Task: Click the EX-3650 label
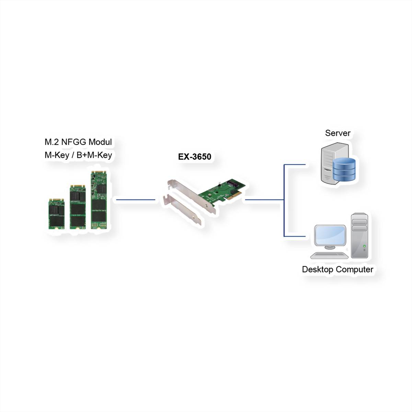point(194,157)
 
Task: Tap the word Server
point(337,133)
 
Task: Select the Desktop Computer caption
point(337,269)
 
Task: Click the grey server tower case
point(328,161)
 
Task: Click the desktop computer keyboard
point(329,255)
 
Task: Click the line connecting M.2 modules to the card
point(136,199)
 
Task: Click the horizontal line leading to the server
point(295,164)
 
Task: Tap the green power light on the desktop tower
point(364,246)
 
